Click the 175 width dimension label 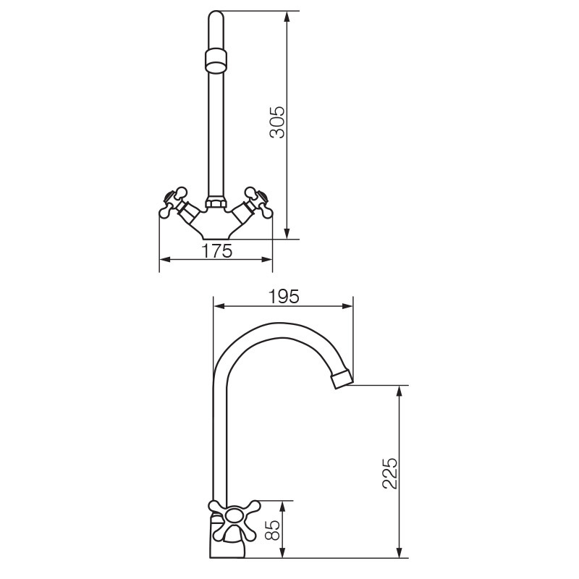[217, 251]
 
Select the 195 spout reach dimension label [284, 297]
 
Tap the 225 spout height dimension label [390, 474]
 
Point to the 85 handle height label [274, 531]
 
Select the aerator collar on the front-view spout [216, 61]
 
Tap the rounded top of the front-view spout [216, 17]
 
